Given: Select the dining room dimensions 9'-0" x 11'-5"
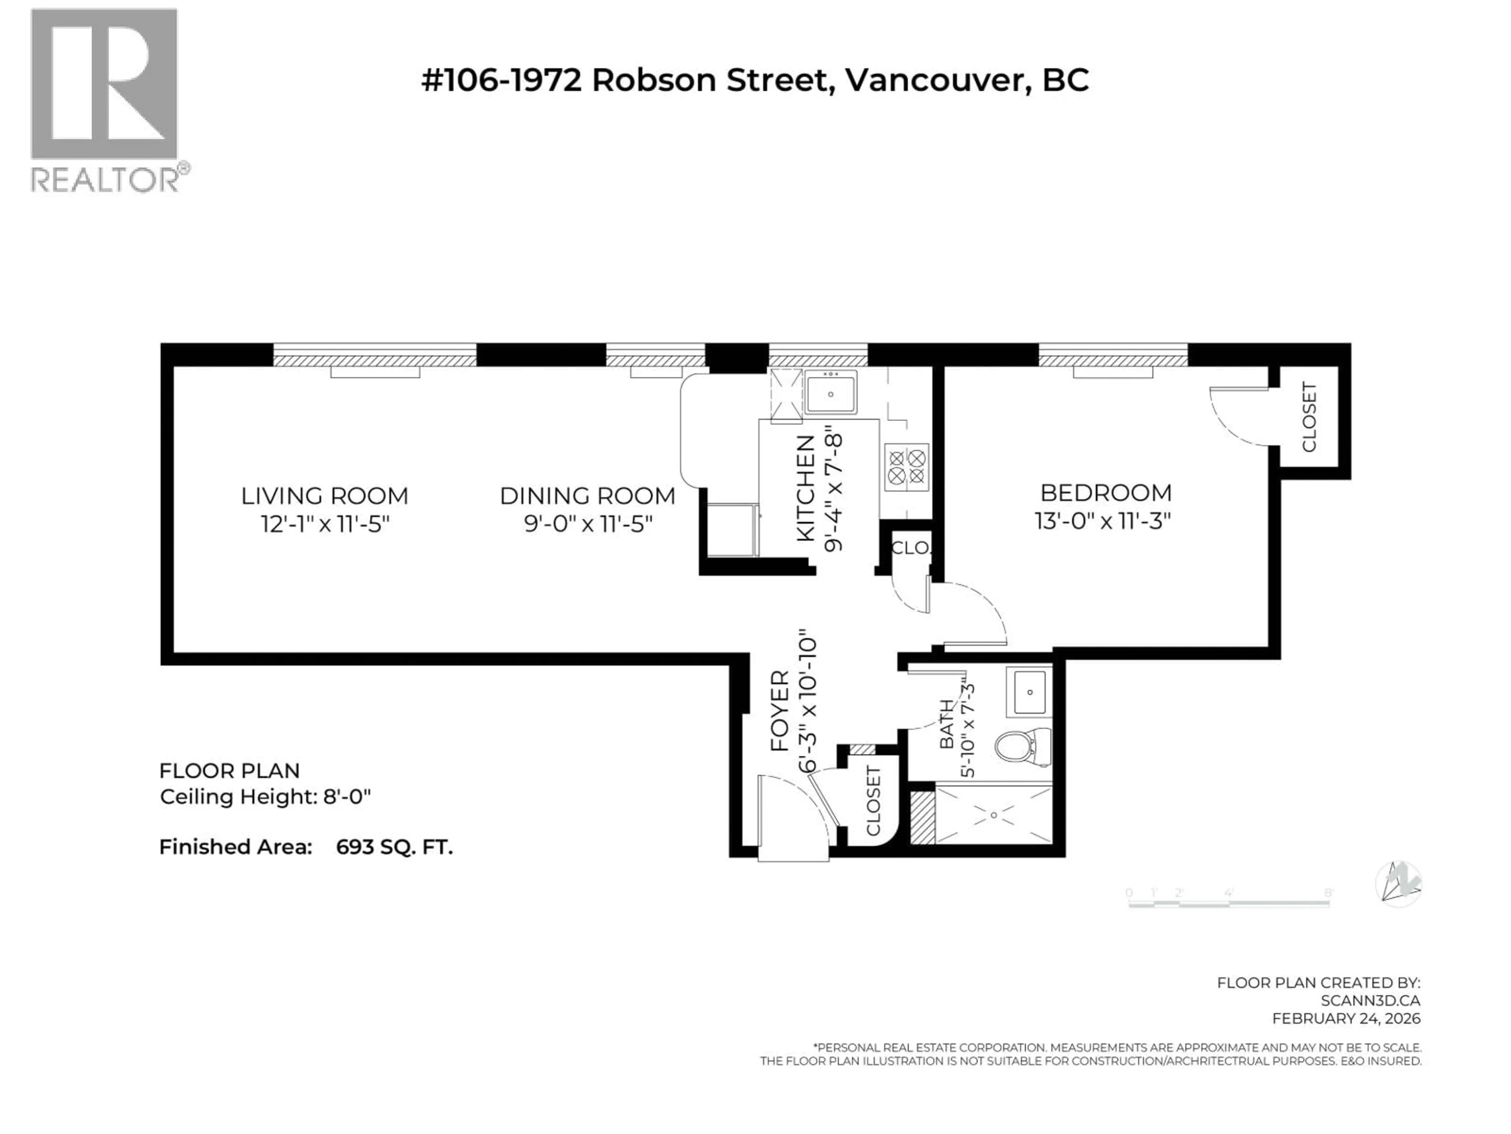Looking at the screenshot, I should (587, 524).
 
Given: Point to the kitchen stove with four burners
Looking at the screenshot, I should (907, 467).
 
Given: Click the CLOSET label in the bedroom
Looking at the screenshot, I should (1309, 417).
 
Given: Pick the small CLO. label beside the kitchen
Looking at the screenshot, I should (911, 548).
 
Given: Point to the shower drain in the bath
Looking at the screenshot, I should (994, 815).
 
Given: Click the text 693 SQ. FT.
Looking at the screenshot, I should (394, 848).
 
